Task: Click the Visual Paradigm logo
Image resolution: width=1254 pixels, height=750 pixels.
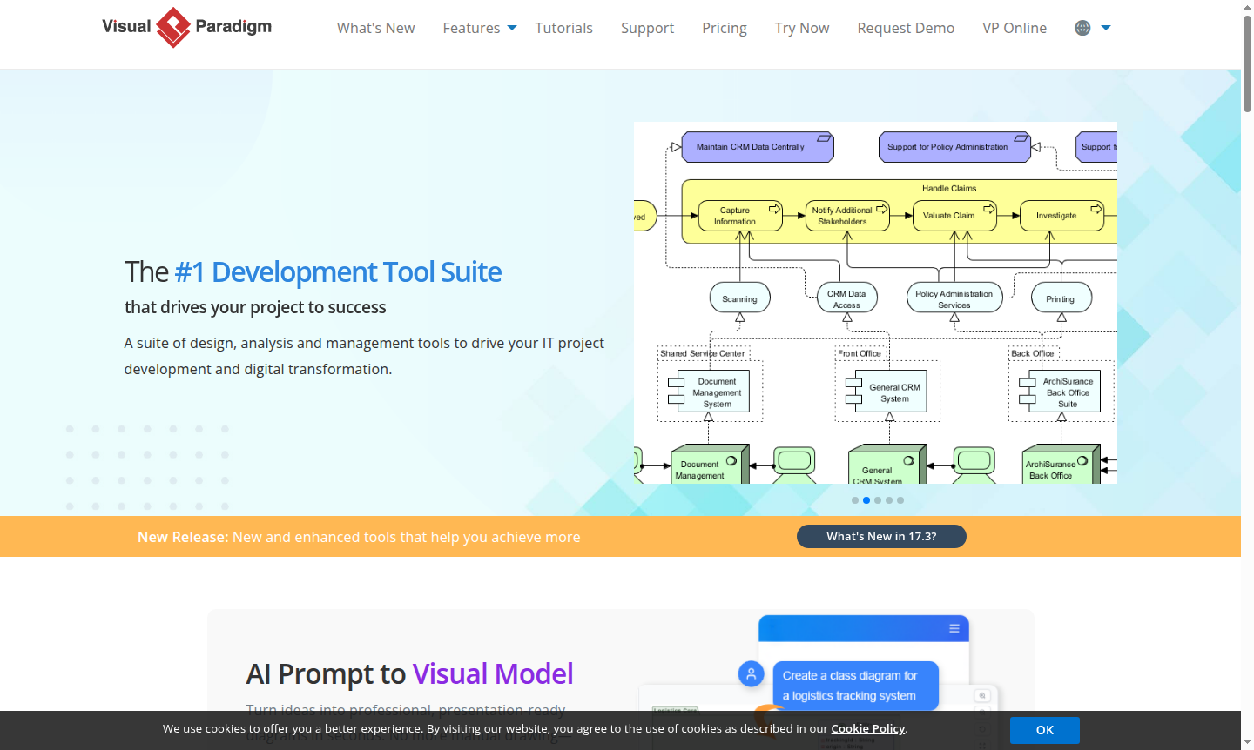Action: pos(186,28)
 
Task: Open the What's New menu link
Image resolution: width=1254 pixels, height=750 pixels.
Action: pos(375,28)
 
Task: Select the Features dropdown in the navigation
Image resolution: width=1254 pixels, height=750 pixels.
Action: pos(479,28)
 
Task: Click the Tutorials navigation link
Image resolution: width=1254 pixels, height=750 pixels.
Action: pos(563,28)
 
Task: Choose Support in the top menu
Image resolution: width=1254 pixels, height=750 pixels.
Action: pos(647,28)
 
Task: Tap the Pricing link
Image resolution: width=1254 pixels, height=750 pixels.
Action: pos(724,28)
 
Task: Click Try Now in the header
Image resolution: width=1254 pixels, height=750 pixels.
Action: pos(801,28)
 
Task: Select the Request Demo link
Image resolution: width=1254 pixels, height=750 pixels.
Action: pos(906,28)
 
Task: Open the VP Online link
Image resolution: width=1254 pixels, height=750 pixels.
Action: pos(1014,28)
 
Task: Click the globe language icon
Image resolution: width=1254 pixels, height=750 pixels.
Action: pos(1082,28)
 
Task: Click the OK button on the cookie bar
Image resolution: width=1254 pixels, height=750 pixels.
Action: pos(1044,730)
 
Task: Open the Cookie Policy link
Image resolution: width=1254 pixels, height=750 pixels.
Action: pos(867,728)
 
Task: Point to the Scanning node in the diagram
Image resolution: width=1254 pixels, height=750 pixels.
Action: pos(739,298)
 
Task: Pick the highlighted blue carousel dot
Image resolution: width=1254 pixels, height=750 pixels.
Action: pos(866,500)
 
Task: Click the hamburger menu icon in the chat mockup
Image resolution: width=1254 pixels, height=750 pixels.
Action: pos(954,628)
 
